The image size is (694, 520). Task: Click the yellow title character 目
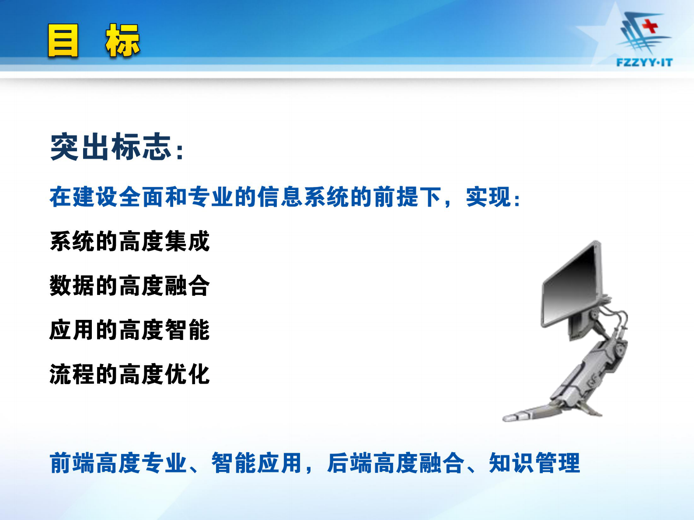[x=63, y=41]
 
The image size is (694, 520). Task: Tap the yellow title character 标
[x=122, y=41]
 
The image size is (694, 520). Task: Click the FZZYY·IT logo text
[x=644, y=62]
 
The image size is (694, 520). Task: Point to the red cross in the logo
[x=650, y=25]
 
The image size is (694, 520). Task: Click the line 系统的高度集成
[x=130, y=241]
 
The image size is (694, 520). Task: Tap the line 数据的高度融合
[x=130, y=286]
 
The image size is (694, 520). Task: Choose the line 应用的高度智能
[x=130, y=330]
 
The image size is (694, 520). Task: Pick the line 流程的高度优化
[x=130, y=374]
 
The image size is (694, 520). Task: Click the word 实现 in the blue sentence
[x=488, y=197]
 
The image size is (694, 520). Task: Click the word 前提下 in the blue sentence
[x=407, y=197]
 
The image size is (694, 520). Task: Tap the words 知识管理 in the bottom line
[x=534, y=463]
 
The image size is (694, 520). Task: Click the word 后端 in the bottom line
[x=349, y=463]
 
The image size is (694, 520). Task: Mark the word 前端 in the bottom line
[x=72, y=463]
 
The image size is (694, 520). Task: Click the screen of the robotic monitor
[x=571, y=284]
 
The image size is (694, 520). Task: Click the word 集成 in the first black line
[x=188, y=241]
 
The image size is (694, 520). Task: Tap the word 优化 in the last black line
[x=188, y=374]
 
